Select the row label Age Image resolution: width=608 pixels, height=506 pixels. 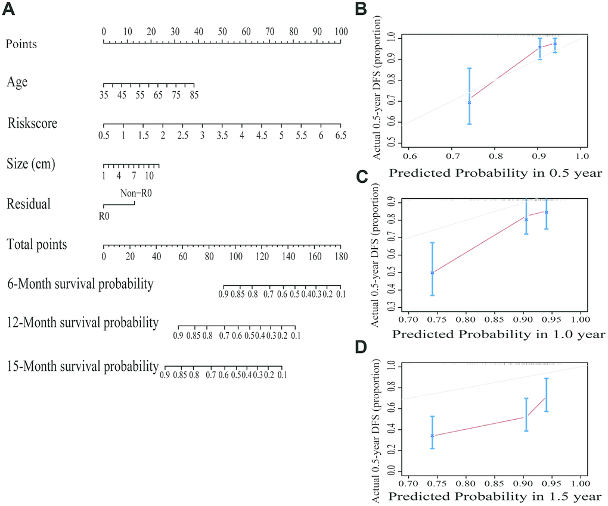click(17, 83)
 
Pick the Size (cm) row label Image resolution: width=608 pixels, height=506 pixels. click(31, 164)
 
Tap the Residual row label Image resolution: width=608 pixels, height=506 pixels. click(29, 204)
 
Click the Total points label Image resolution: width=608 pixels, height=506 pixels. click(37, 245)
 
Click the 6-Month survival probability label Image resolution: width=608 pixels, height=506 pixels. click(80, 284)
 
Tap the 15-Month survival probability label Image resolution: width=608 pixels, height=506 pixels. click(82, 365)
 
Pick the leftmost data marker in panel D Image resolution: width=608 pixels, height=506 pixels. click(432, 436)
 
